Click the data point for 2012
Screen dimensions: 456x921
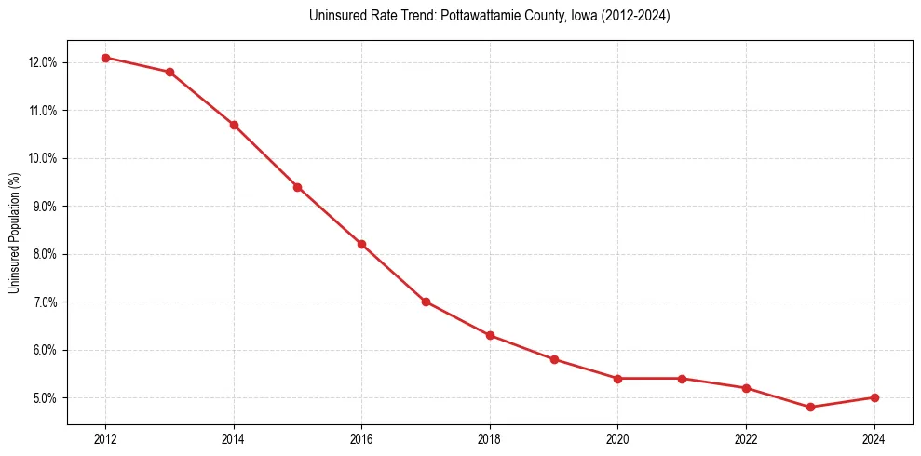pos(105,58)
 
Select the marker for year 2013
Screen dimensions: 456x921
pos(169,72)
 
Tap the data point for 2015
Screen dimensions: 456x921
pos(298,187)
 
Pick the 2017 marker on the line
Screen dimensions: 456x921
pos(426,302)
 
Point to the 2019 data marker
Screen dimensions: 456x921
pos(554,359)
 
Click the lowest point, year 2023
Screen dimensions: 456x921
pos(810,407)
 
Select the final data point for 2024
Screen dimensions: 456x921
pos(874,397)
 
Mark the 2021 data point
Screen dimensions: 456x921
pos(682,379)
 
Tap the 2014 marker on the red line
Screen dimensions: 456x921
pos(234,125)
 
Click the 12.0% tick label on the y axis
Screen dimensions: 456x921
pos(42,62)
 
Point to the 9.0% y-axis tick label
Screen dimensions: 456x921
pos(44,206)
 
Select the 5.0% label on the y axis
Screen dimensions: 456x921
pos(44,398)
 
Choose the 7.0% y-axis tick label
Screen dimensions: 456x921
pos(44,302)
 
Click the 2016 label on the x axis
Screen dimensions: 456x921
pos(361,439)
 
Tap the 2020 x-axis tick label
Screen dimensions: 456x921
pos(617,439)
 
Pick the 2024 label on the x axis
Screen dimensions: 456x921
pos(874,439)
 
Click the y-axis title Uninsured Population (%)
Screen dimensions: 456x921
pos(14,232)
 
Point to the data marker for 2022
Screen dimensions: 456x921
pos(746,388)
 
